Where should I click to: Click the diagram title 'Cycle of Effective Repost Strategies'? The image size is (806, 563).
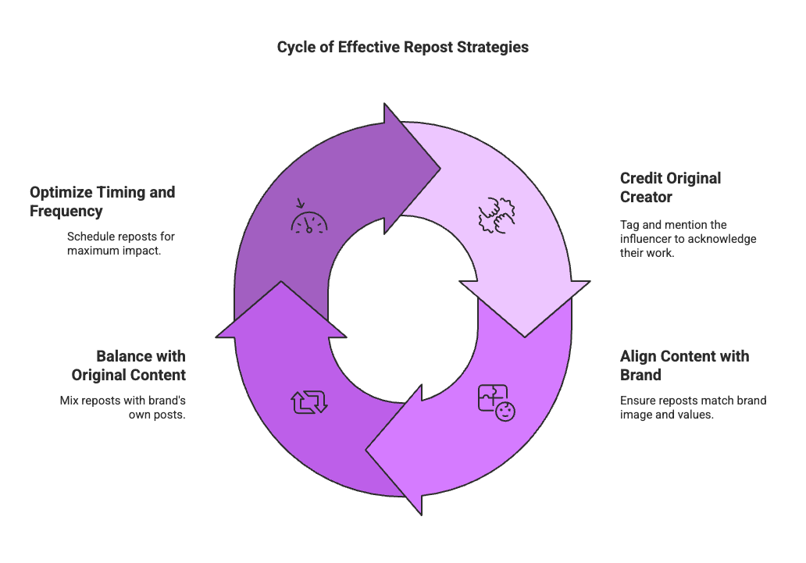point(402,48)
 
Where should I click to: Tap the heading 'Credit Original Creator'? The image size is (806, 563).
point(670,187)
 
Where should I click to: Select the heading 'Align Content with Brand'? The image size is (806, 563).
point(684,365)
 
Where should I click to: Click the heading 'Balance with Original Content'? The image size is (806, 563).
point(141,365)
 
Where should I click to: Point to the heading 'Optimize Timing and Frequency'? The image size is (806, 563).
point(102,201)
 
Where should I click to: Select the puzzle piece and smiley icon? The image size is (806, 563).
point(497,403)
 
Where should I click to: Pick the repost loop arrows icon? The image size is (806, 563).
point(309,402)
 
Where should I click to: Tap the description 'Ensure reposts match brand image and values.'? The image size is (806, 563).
point(693,408)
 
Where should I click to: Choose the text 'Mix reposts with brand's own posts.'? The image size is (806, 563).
point(123,408)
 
